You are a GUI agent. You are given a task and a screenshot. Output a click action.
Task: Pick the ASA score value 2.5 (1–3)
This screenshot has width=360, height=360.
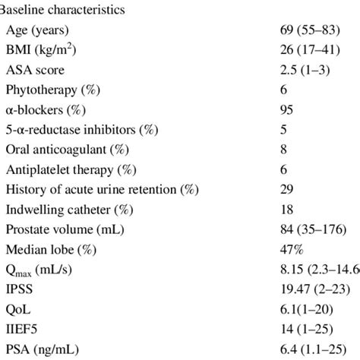[306, 70]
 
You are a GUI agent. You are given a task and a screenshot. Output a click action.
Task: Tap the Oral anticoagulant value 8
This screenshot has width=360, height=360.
[284, 149]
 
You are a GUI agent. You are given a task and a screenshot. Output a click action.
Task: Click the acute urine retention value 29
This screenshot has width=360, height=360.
[287, 188]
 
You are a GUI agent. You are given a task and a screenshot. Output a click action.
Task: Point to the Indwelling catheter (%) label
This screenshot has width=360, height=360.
[63, 208]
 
